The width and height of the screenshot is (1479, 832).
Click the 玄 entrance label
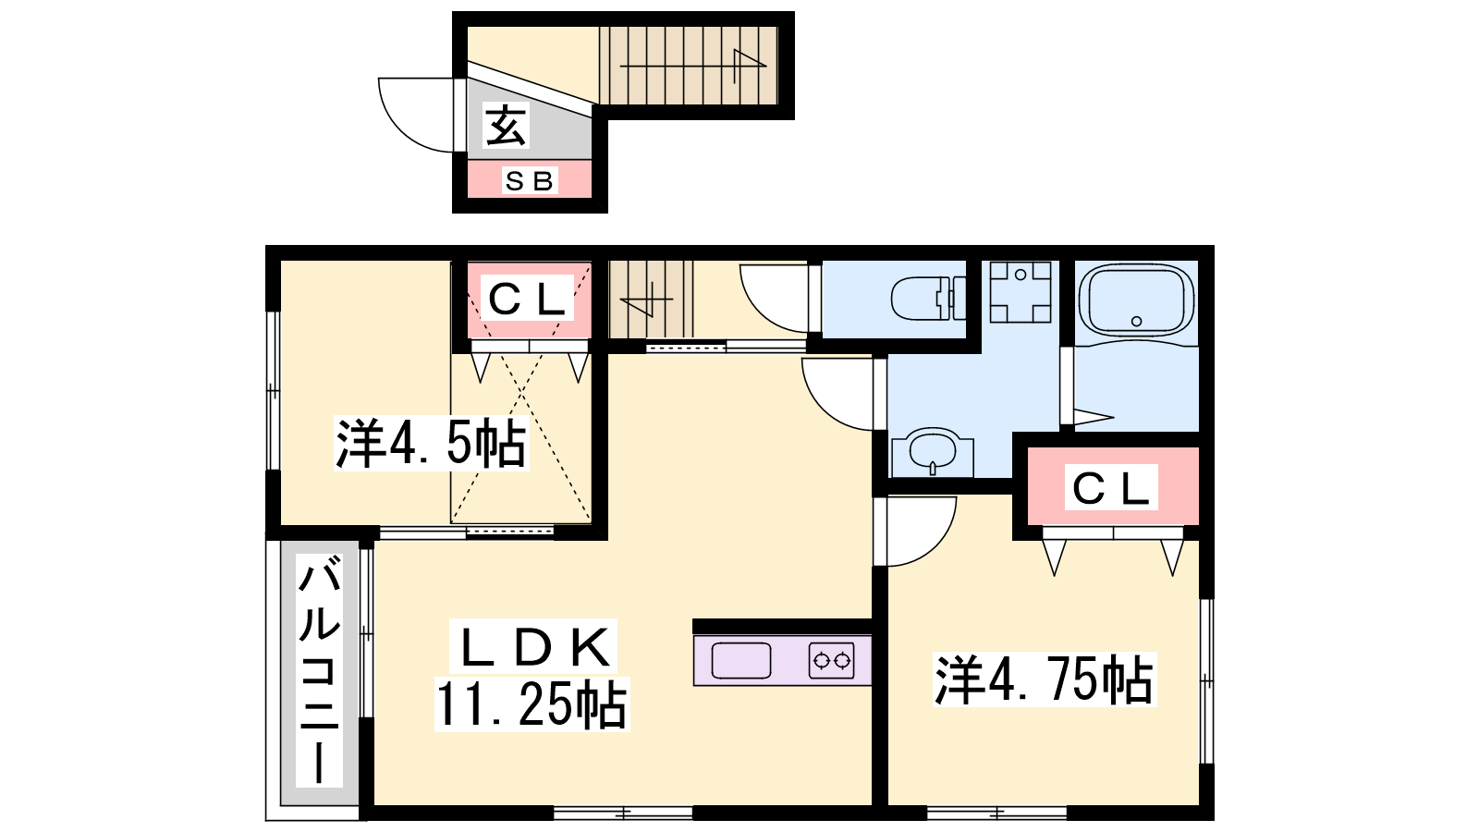(506, 126)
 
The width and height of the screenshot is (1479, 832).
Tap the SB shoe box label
(529, 180)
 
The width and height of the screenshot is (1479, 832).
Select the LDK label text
(533, 647)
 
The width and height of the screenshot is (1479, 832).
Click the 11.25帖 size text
(532, 704)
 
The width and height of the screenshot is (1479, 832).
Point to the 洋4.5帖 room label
(431, 443)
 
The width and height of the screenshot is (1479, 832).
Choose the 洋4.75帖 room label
(1045, 679)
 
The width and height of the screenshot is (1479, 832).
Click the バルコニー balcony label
(320, 671)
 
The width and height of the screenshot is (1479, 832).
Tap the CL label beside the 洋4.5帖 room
(527, 300)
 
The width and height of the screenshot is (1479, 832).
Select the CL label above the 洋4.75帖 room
(1111, 488)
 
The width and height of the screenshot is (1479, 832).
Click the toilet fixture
(928, 299)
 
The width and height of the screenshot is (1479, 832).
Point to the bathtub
(1136, 301)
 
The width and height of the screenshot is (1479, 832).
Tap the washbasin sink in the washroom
(933, 451)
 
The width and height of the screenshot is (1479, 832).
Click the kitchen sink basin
(740, 660)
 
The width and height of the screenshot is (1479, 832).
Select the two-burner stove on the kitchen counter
(831, 660)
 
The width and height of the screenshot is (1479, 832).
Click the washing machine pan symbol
(1021, 292)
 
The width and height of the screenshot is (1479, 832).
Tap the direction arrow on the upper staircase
(692, 66)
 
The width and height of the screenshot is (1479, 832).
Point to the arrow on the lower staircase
(646, 300)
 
